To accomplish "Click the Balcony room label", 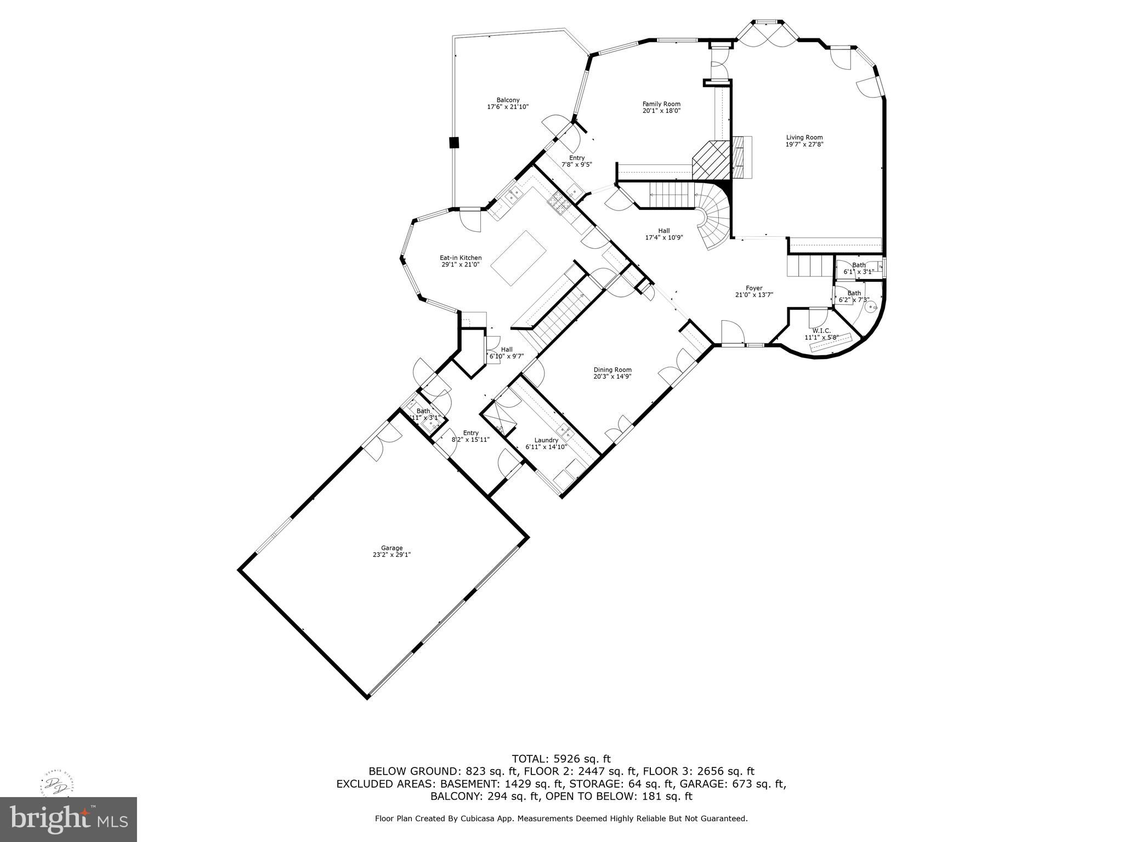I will coord(508,100).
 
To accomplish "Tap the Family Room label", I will coord(661,104).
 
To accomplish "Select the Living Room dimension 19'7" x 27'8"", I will coord(804,145).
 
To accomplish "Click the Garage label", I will coord(392,548).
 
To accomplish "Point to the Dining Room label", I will coord(612,370).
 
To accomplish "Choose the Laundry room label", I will coord(546,440).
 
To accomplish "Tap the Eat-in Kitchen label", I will coord(461,258).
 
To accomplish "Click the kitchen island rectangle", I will coord(519,258).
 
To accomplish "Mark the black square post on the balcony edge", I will coord(453,143).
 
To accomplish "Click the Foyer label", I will coord(754,288).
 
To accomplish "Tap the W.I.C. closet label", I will coord(821,331).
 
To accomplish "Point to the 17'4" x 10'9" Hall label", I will coord(664,235).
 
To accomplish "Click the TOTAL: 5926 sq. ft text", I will coord(561,759).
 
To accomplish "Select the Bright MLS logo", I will coord(69,819).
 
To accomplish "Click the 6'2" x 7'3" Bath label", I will coord(854,297).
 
